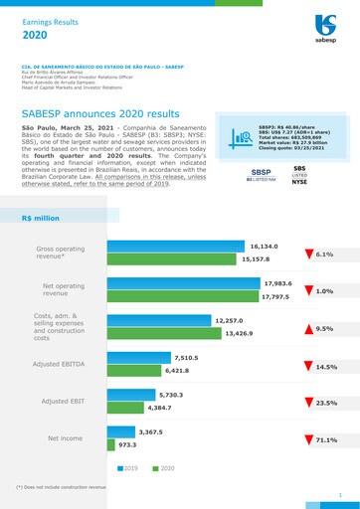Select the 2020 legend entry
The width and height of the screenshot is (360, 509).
click(164, 467)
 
